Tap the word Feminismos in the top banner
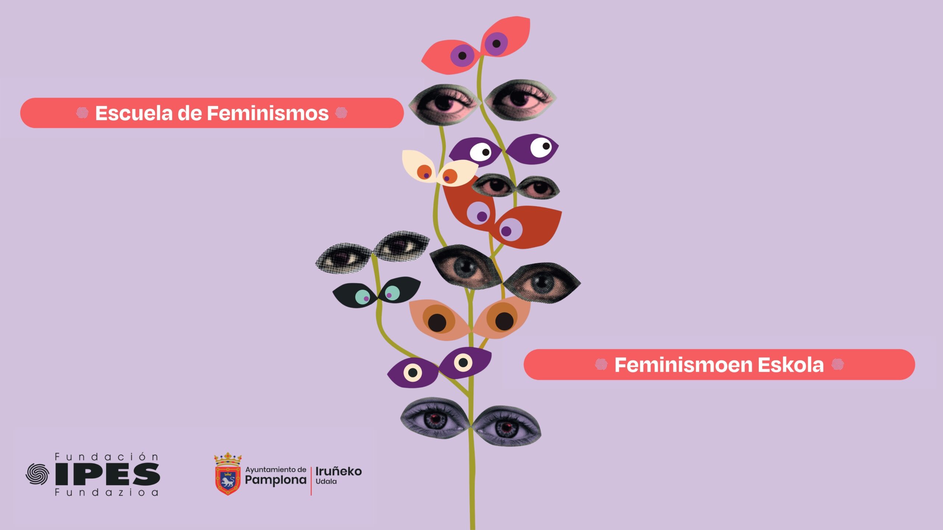[x=267, y=113]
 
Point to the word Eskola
[x=790, y=365]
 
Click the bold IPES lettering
[x=108, y=474]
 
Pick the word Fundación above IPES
[x=106, y=457]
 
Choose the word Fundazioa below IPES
[x=106, y=492]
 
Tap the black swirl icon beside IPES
[x=37, y=474]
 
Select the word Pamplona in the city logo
[x=276, y=480]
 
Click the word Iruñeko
[x=339, y=471]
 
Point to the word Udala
[x=326, y=481]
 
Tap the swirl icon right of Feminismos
[x=341, y=113]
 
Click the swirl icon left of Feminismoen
[x=601, y=364]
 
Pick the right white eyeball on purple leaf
[x=541, y=147]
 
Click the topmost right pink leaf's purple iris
[x=496, y=44]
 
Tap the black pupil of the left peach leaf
[x=437, y=322]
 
